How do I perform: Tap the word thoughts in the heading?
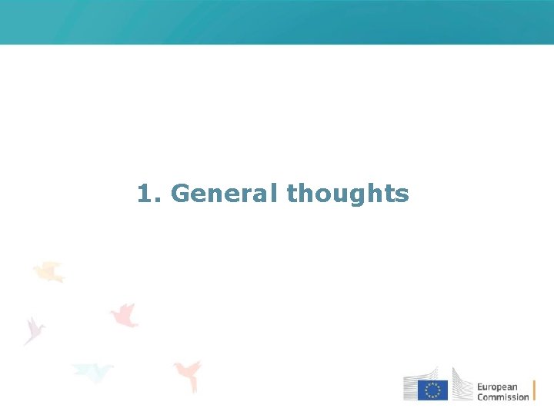click(x=348, y=194)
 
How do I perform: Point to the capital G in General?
click(x=180, y=194)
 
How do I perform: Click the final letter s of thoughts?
click(x=403, y=195)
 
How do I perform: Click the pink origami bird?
click(x=124, y=314)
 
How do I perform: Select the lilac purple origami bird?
click(x=34, y=329)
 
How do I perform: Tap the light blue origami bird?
click(x=92, y=372)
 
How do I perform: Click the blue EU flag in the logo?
click(x=432, y=390)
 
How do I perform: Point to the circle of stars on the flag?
click(x=432, y=390)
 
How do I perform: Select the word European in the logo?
click(x=497, y=387)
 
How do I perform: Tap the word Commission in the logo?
click(x=502, y=397)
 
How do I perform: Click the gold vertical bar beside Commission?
click(x=534, y=390)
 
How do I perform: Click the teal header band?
click(x=277, y=22)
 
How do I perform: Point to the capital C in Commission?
click(x=480, y=397)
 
